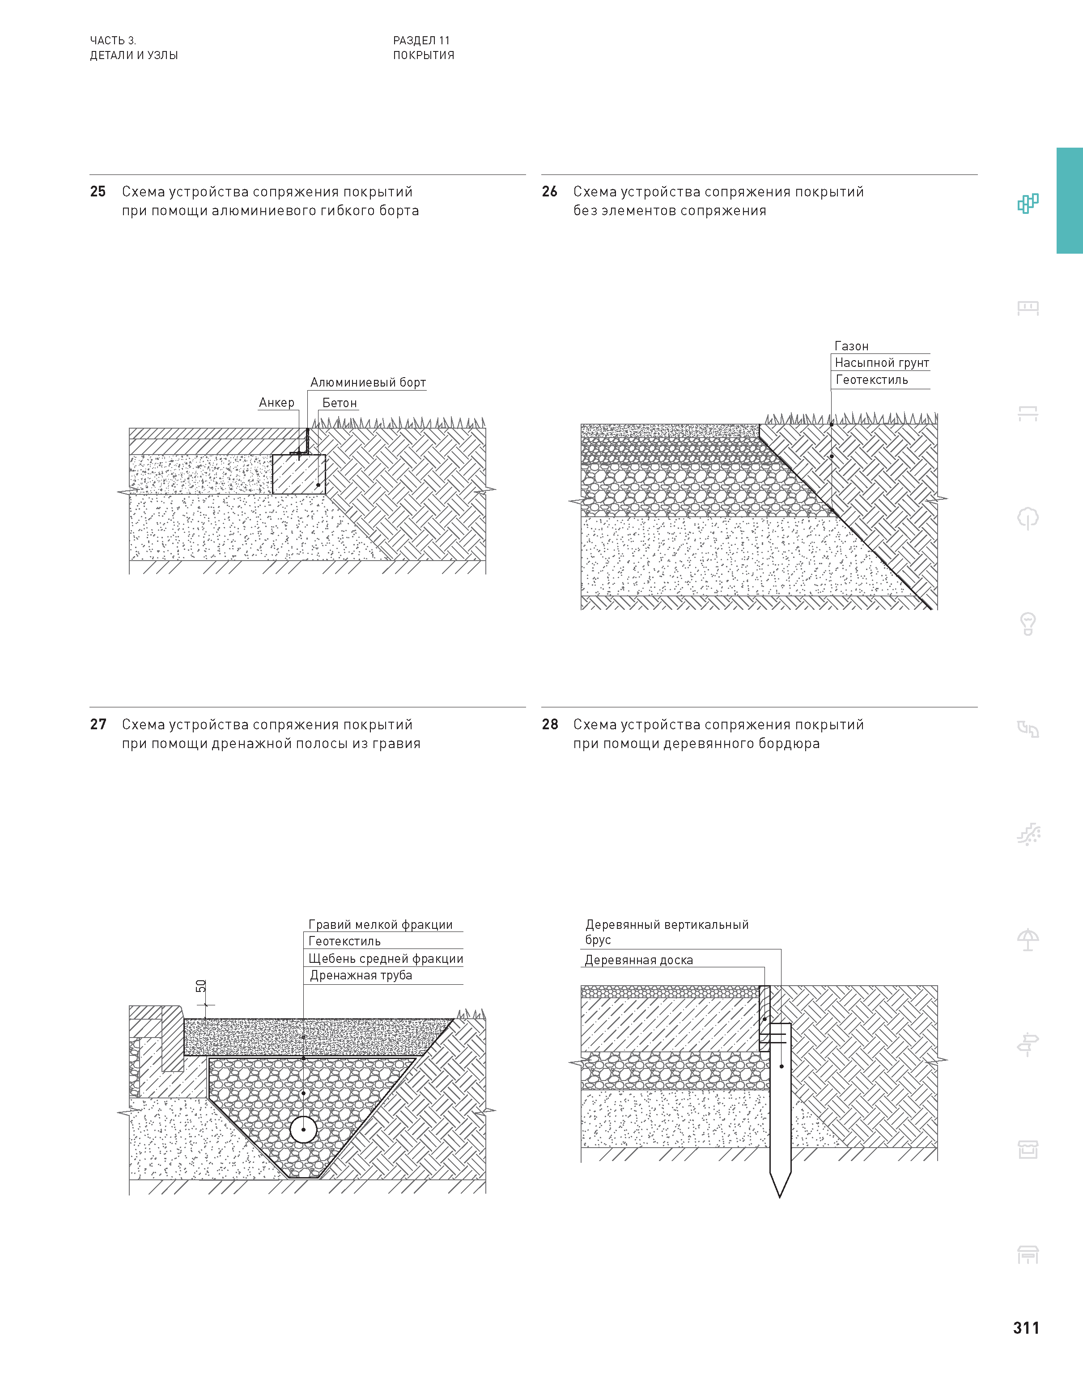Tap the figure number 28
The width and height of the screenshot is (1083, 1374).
point(550,724)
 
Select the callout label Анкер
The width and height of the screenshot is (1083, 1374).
point(276,403)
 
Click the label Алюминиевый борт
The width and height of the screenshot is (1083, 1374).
point(368,383)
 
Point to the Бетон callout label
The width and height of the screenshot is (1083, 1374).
point(339,403)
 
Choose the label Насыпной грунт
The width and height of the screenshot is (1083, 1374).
point(881,363)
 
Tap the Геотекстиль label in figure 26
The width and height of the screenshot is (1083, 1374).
point(872,380)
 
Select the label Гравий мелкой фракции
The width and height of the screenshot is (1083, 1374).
point(380,924)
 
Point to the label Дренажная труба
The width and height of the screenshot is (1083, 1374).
point(361,975)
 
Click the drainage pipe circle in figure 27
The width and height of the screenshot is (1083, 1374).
point(303,1129)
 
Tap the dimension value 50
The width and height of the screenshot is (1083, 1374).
point(201,986)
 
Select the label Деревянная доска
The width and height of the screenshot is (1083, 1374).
point(638,960)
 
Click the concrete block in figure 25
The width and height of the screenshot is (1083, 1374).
point(299,474)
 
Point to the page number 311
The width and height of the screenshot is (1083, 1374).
point(1026,1328)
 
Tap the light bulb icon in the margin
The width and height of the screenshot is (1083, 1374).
point(1028,623)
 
